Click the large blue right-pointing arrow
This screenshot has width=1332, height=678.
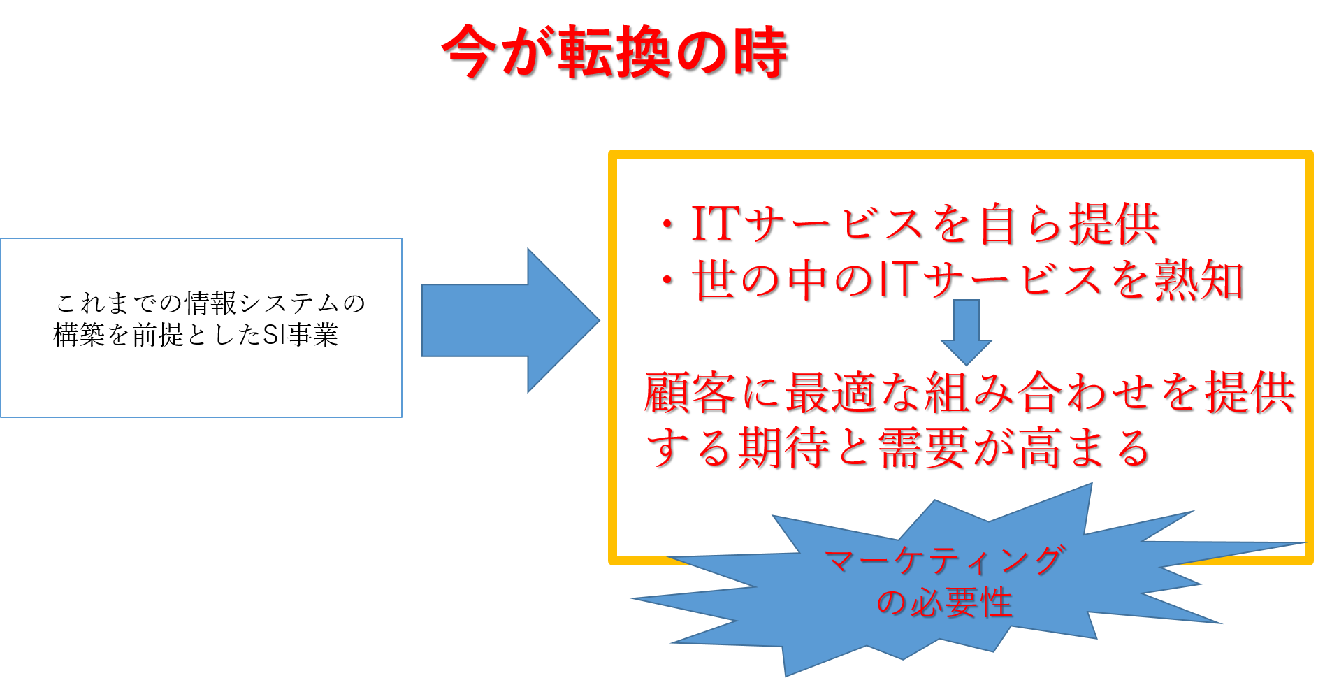pyautogui.click(x=510, y=320)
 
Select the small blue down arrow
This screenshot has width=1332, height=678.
pyautogui.click(x=967, y=332)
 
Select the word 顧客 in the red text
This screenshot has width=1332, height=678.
pyautogui.click(x=689, y=392)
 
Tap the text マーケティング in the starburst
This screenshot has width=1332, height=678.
pyautogui.click(x=944, y=560)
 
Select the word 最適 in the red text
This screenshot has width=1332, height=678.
pyautogui.click(x=831, y=392)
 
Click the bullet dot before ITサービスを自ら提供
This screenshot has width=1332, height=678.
pyautogui.click(x=668, y=225)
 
